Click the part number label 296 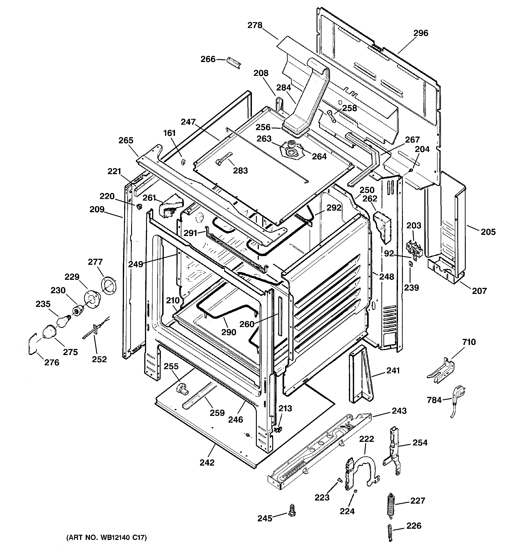[x=420, y=33]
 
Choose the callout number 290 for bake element [x=228, y=332]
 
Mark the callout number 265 [x=126, y=140]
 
